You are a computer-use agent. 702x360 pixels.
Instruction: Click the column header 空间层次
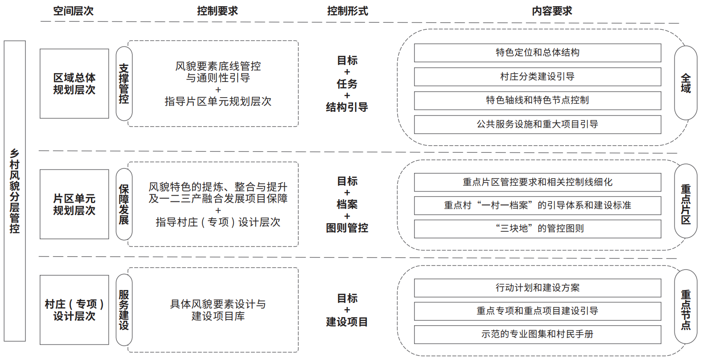pyautogui.click(x=74, y=11)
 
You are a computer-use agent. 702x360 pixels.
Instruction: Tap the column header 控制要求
pyautogui.click(x=218, y=11)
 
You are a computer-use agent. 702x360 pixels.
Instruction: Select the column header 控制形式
pyautogui.click(x=348, y=11)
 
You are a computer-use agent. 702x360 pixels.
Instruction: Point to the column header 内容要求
pyautogui.click(x=552, y=11)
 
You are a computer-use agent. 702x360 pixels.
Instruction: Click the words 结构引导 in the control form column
pyautogui.click(x=347, y=107)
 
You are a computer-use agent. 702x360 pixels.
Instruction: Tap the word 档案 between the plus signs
pyautogui.click(x=347, y=204)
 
